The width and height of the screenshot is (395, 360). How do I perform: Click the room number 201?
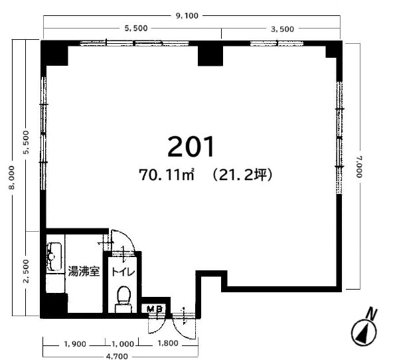tap(191, 147)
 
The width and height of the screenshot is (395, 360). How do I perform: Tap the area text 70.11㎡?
tap(167, 175)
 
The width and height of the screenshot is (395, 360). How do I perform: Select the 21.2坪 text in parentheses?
tap(243, 175)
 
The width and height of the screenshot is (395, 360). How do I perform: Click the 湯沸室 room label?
tap(84, 271)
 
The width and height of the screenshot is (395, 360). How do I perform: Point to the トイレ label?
tap(123, 272)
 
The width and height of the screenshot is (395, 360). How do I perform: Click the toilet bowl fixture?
tap(123, 299)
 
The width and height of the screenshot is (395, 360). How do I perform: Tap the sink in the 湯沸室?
tap(54, 256)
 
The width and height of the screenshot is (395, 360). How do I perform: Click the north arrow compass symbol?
tap(364, 332)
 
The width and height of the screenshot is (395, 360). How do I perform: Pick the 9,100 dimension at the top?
tap(187, 16)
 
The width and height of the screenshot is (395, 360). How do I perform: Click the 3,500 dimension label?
tap(282, 29)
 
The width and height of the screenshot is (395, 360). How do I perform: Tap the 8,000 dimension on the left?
tap(12, 177)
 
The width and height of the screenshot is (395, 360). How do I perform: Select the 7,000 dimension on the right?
tap(359, 167)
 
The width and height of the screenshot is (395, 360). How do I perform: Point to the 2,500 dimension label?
tap(26, 271)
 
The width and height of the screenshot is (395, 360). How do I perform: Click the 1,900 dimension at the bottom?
tap(75, 344)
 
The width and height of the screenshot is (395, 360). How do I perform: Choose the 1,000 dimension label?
tap(123, 344)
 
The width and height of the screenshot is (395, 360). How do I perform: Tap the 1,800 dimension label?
tap(168, 343)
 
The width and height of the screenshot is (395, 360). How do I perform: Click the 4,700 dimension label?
tap(117, 356)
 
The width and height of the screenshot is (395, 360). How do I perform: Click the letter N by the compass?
tap(372, 314)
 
